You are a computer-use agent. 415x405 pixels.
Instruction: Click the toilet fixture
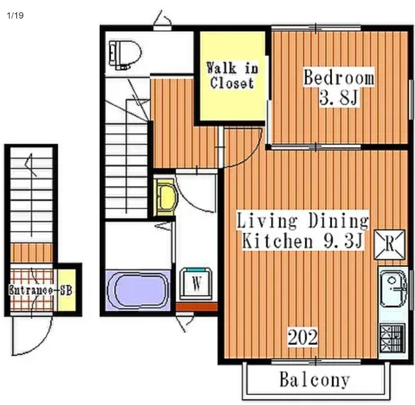click(125, 55)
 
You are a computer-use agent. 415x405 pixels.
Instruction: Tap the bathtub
click(137, 290)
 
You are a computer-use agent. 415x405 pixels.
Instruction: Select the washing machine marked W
click(196, 283)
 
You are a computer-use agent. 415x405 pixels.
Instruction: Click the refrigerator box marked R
click(389, 244)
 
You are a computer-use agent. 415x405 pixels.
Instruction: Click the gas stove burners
click(392, 338)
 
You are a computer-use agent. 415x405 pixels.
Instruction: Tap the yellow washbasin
click(166, 198)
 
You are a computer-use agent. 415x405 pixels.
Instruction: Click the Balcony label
click(314, 380)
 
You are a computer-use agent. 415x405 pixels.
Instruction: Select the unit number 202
click(302, 337)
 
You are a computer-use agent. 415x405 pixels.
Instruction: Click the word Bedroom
click(339, 77)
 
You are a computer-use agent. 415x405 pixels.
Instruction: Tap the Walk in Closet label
click(232, 75)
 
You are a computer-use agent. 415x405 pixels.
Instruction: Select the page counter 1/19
click(16, 16)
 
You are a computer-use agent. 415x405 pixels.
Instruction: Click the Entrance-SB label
click(40, 290)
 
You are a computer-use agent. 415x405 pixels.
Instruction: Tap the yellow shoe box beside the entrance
click(67, 290)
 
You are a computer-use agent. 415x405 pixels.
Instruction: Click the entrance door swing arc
click(40, 343)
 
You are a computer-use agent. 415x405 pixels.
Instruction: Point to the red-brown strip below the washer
click(196, 307)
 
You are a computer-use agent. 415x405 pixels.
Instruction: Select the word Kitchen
click(278, 241)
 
